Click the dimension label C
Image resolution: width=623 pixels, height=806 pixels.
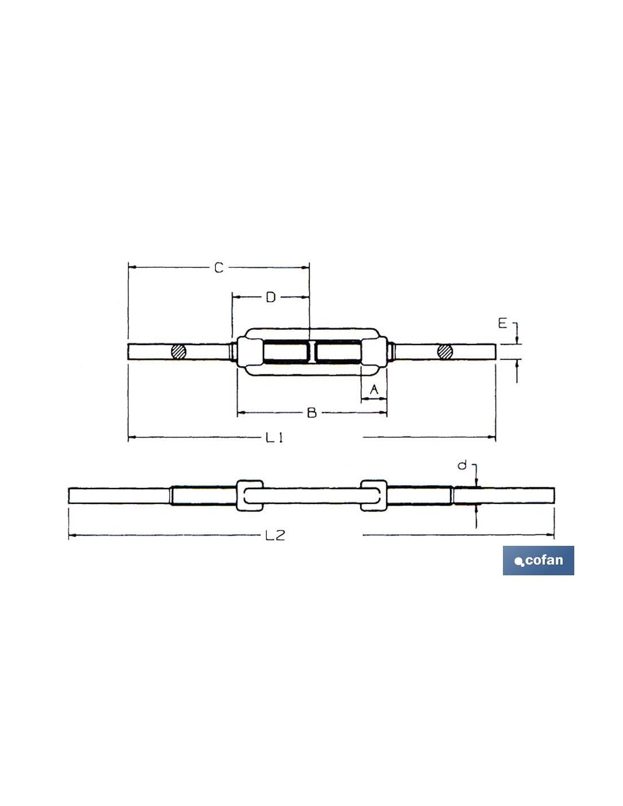219,268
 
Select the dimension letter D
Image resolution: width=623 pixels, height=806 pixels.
271,297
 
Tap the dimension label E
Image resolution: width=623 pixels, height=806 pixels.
502,324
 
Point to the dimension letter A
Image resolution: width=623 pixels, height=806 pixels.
374,389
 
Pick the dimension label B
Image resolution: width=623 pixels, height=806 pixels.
312,413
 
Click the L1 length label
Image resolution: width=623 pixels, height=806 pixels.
275,438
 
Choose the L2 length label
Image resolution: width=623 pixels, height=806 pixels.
275,535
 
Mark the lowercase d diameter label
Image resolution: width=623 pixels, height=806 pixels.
462,465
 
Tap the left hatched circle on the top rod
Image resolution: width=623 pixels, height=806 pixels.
178,351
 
